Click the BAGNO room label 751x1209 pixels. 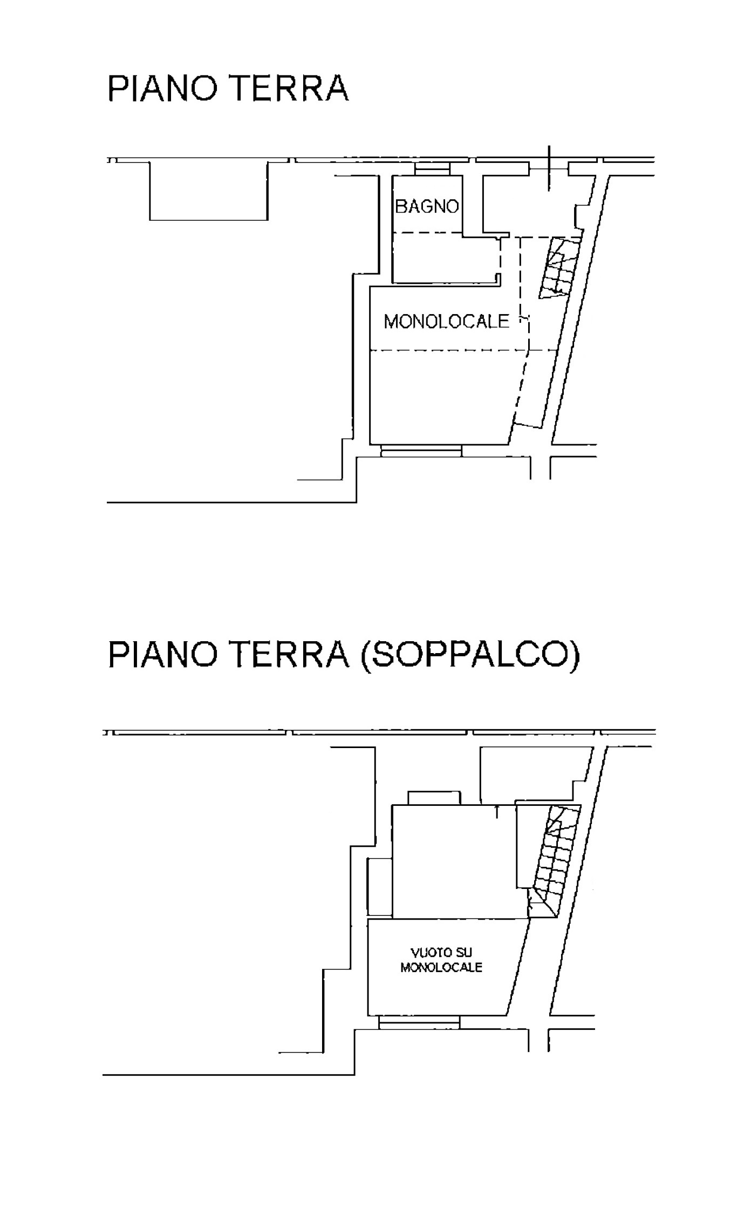tap(427, 206)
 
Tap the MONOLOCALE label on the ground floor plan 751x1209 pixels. tap(446, 322)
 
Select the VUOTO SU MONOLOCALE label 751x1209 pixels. tap(441, 960)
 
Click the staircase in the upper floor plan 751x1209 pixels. tap(560, 267)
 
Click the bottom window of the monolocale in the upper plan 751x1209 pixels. tap(421, 451)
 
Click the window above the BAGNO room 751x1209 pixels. tap(432, 169)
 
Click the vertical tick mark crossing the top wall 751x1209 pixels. tap(549, 168)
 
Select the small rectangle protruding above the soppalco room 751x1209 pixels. tap(434, 798)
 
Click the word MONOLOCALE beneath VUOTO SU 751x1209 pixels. tap(441, 967)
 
